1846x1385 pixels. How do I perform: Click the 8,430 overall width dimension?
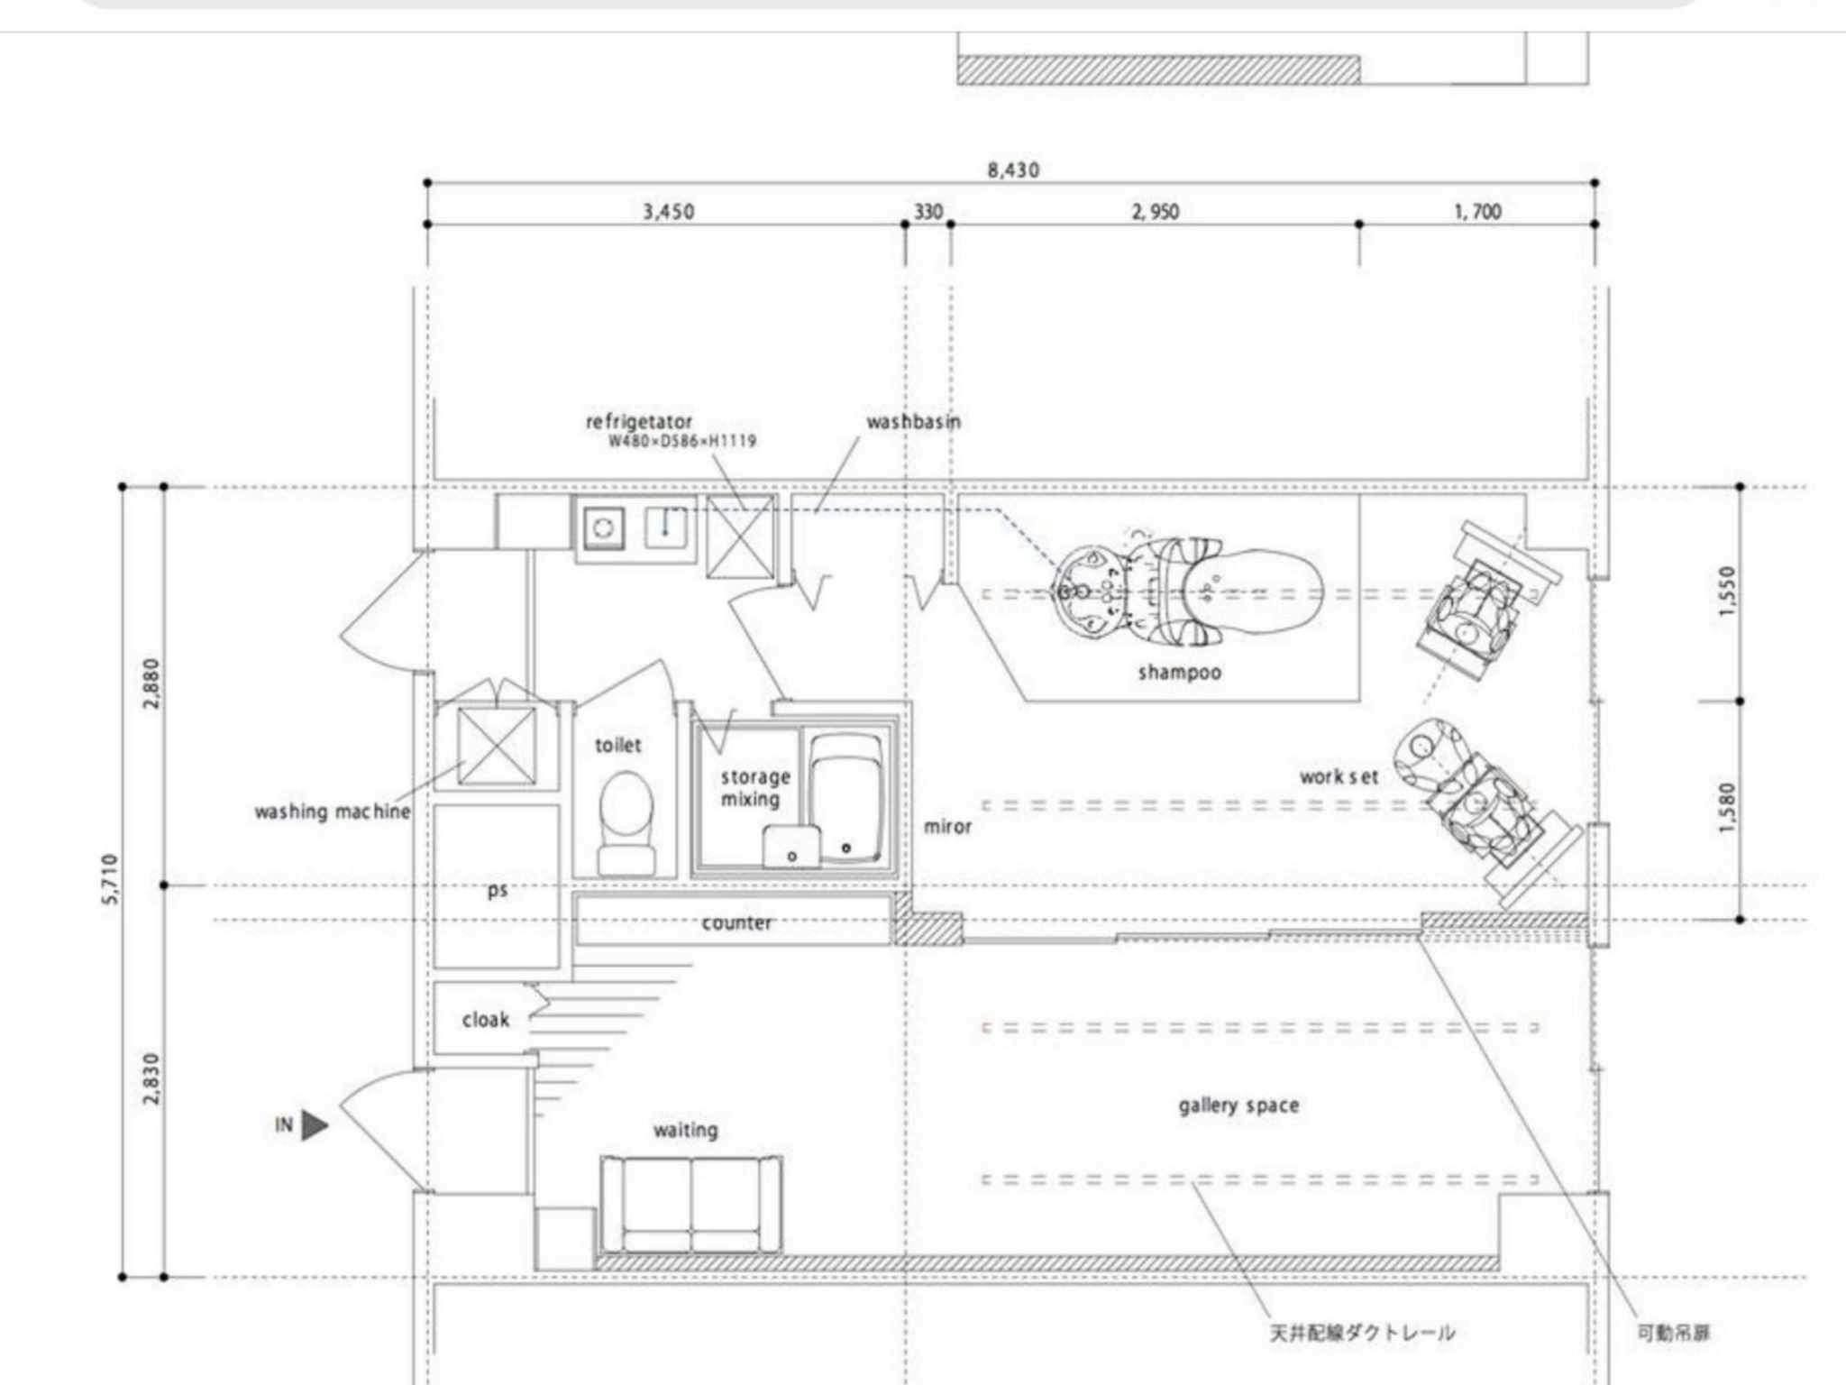(1012, 170)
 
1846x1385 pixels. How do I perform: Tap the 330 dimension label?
(928, 212)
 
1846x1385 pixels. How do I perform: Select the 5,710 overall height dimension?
(110, 879)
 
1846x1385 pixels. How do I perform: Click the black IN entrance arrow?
(314, 1125)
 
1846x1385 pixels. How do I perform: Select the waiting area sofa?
(691, 1206)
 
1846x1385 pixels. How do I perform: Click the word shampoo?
(1179, 672)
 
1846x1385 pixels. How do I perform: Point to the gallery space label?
(1238, 1105)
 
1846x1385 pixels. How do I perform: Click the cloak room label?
(485, 1020)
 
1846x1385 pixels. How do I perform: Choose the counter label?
(736, 923)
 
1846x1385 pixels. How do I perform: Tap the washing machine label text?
(332, 812)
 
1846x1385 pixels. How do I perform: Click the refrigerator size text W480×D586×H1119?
(681, 441)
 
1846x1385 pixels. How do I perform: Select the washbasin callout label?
(913, 421)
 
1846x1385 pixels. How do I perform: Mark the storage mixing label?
(754, 787)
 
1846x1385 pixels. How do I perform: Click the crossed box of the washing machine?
(497, 747)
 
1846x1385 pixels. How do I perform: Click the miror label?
(947, 826)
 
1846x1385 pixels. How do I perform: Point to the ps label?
(497, 891)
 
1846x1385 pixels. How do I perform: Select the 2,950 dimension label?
(1155, 212)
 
